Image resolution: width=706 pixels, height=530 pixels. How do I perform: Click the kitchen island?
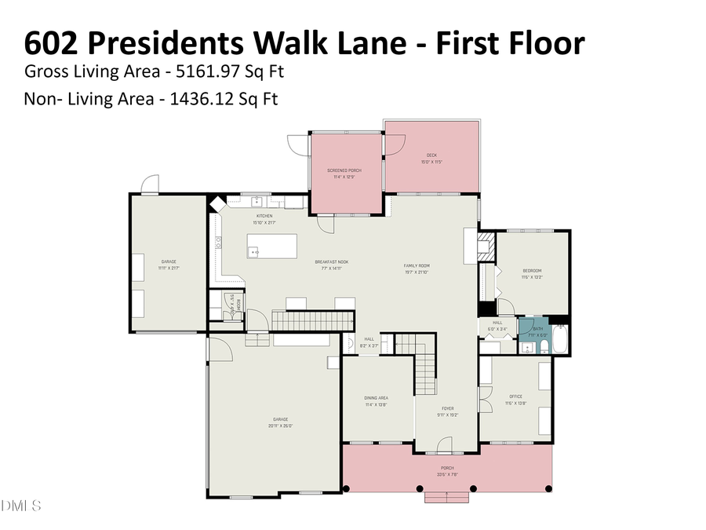[272, 246]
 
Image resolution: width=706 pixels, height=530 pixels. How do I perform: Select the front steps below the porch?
[447, 496]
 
